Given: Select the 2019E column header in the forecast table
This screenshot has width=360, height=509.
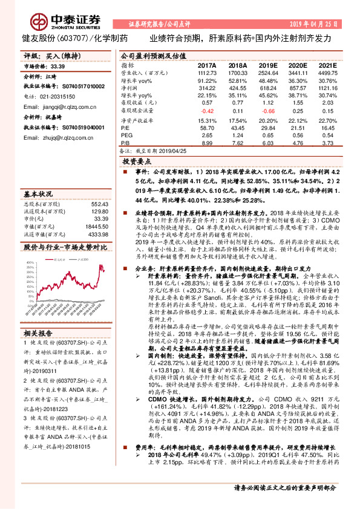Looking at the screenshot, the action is coord(268,65).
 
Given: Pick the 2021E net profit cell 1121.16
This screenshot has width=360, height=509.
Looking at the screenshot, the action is coord(326,87).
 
